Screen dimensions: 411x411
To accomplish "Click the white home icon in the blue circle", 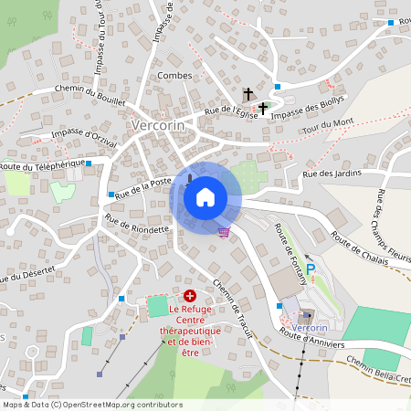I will (x=205, y=196).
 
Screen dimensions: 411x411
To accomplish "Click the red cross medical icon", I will (x=190, y=296).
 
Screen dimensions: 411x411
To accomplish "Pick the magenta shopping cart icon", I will (x=224, y=231).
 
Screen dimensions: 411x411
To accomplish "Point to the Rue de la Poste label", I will (x=144, y=186).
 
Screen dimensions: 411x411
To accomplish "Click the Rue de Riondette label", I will (x=137, y=224).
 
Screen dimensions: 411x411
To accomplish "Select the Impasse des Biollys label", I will (x=309, y=103).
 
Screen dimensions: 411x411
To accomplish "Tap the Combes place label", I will (x=174, y=75).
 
